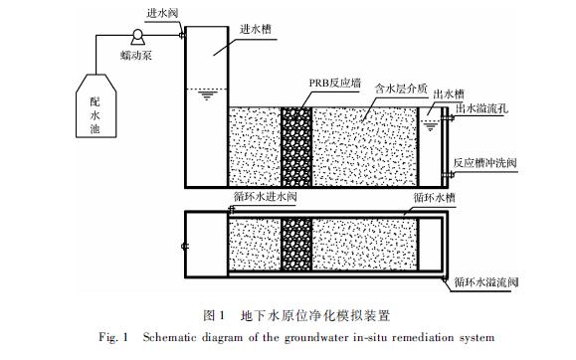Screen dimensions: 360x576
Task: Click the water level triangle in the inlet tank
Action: click(x=206, y=95)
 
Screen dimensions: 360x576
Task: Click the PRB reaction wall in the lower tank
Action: click(x=296, y=242)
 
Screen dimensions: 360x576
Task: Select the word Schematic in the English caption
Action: click(x=151, y=338)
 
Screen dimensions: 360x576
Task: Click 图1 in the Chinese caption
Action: click(x=215, y=315)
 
